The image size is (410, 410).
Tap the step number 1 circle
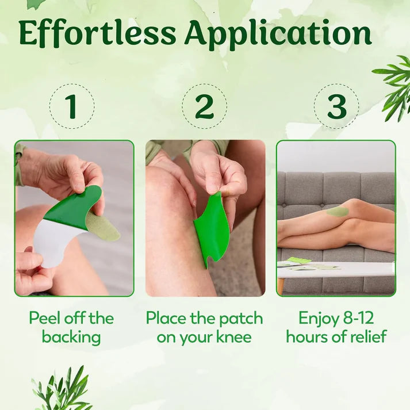(x=71, y=106)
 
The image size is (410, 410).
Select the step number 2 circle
(x=204, y=106)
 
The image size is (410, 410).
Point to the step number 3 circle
(x=336, y=106)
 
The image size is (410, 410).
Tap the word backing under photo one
(x=71, y=336)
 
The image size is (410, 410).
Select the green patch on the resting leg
(x=338, y=211)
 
